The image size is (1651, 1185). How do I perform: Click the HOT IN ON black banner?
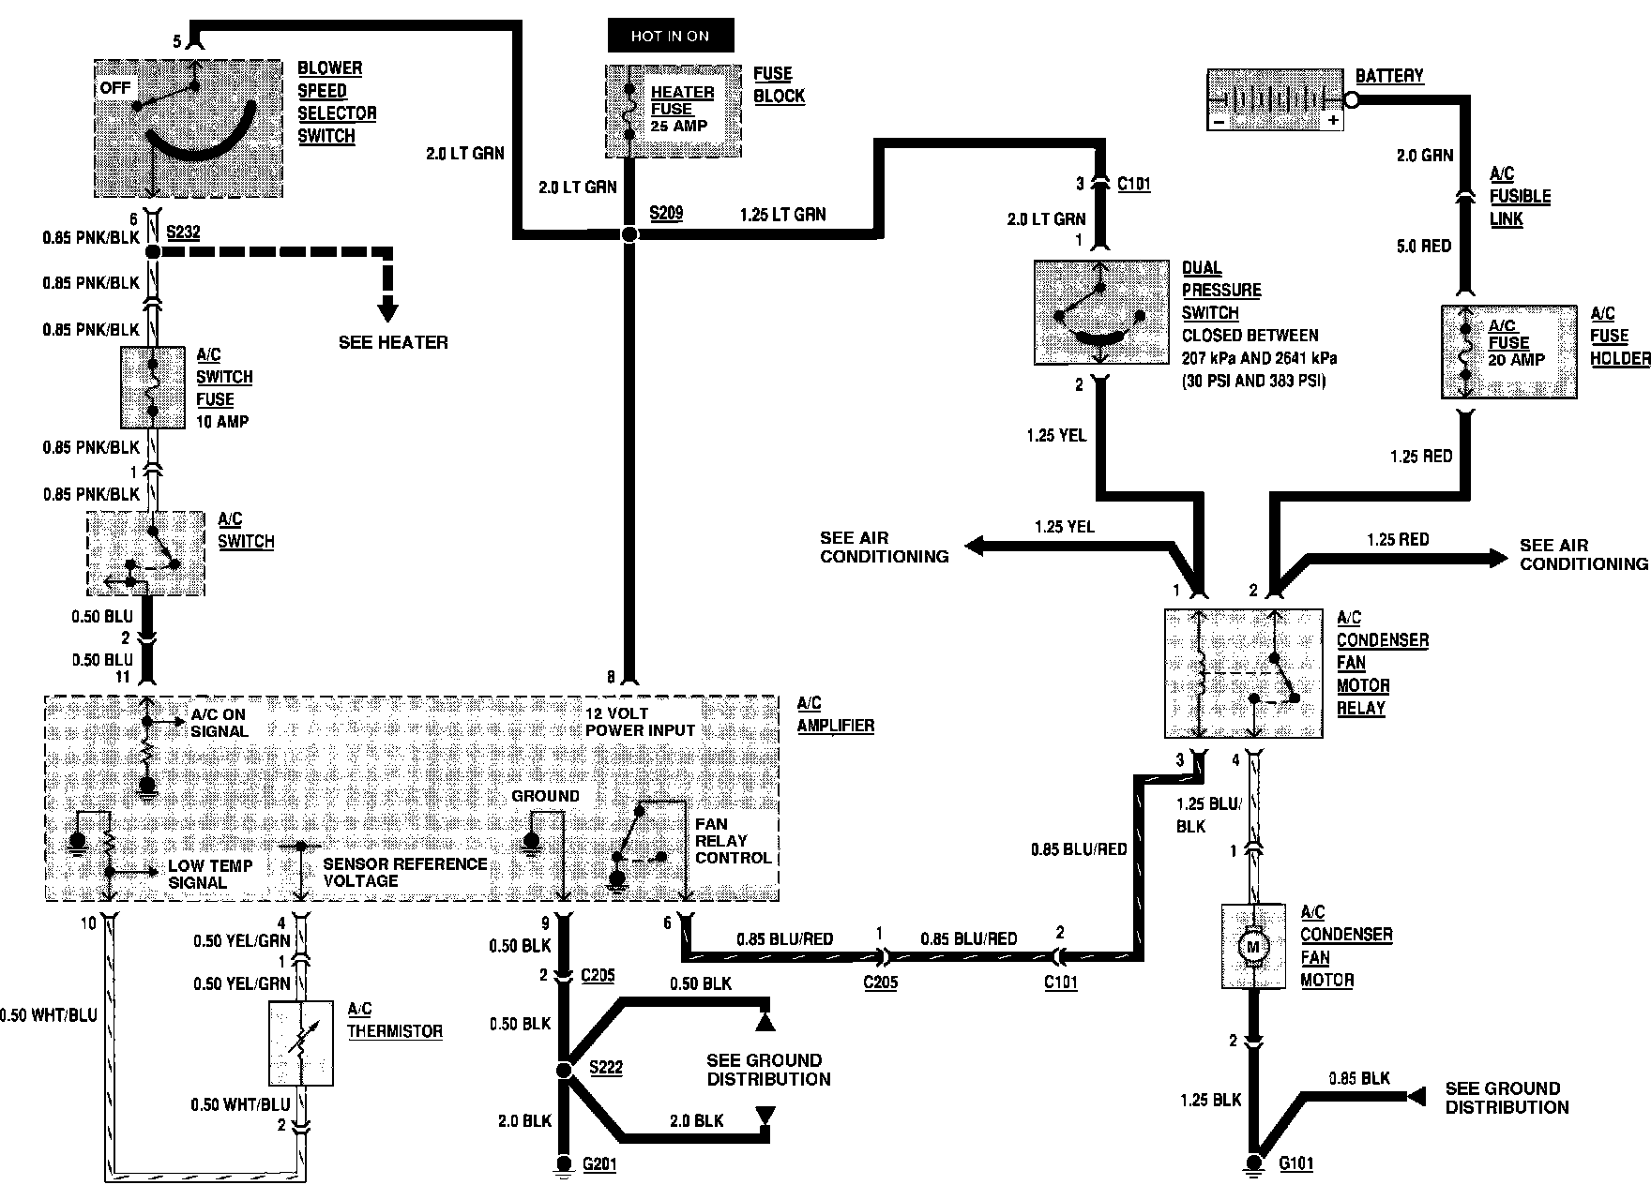tap(670, 36)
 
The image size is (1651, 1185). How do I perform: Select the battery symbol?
tap(1274, 98)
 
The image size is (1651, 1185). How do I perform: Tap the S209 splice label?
tap(666, 214)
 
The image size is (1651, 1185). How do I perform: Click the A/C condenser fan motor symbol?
tap(1252, 946)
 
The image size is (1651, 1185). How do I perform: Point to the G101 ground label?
tap(1296, 1163)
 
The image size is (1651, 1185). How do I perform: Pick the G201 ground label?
tap(599, 1164)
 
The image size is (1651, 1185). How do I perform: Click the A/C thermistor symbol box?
tap(300, 1043)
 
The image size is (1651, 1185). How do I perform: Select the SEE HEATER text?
tap(393, 342)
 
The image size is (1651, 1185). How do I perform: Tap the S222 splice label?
tap(606, 1068)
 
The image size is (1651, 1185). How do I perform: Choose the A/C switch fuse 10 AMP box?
tap(153, 387)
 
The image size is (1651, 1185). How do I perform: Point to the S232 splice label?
tap(183, 232)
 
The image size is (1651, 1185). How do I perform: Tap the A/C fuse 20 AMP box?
tap(1508, 351)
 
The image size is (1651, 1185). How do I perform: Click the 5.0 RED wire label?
tap(1423, 246)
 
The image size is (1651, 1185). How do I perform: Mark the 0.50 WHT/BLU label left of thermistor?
tap(49, 1015)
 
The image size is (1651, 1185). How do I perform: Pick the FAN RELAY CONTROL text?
tap(733, 841)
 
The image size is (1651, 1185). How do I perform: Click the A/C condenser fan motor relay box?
tap(1244, 672)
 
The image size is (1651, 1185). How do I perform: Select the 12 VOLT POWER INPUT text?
tap(641, 722)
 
